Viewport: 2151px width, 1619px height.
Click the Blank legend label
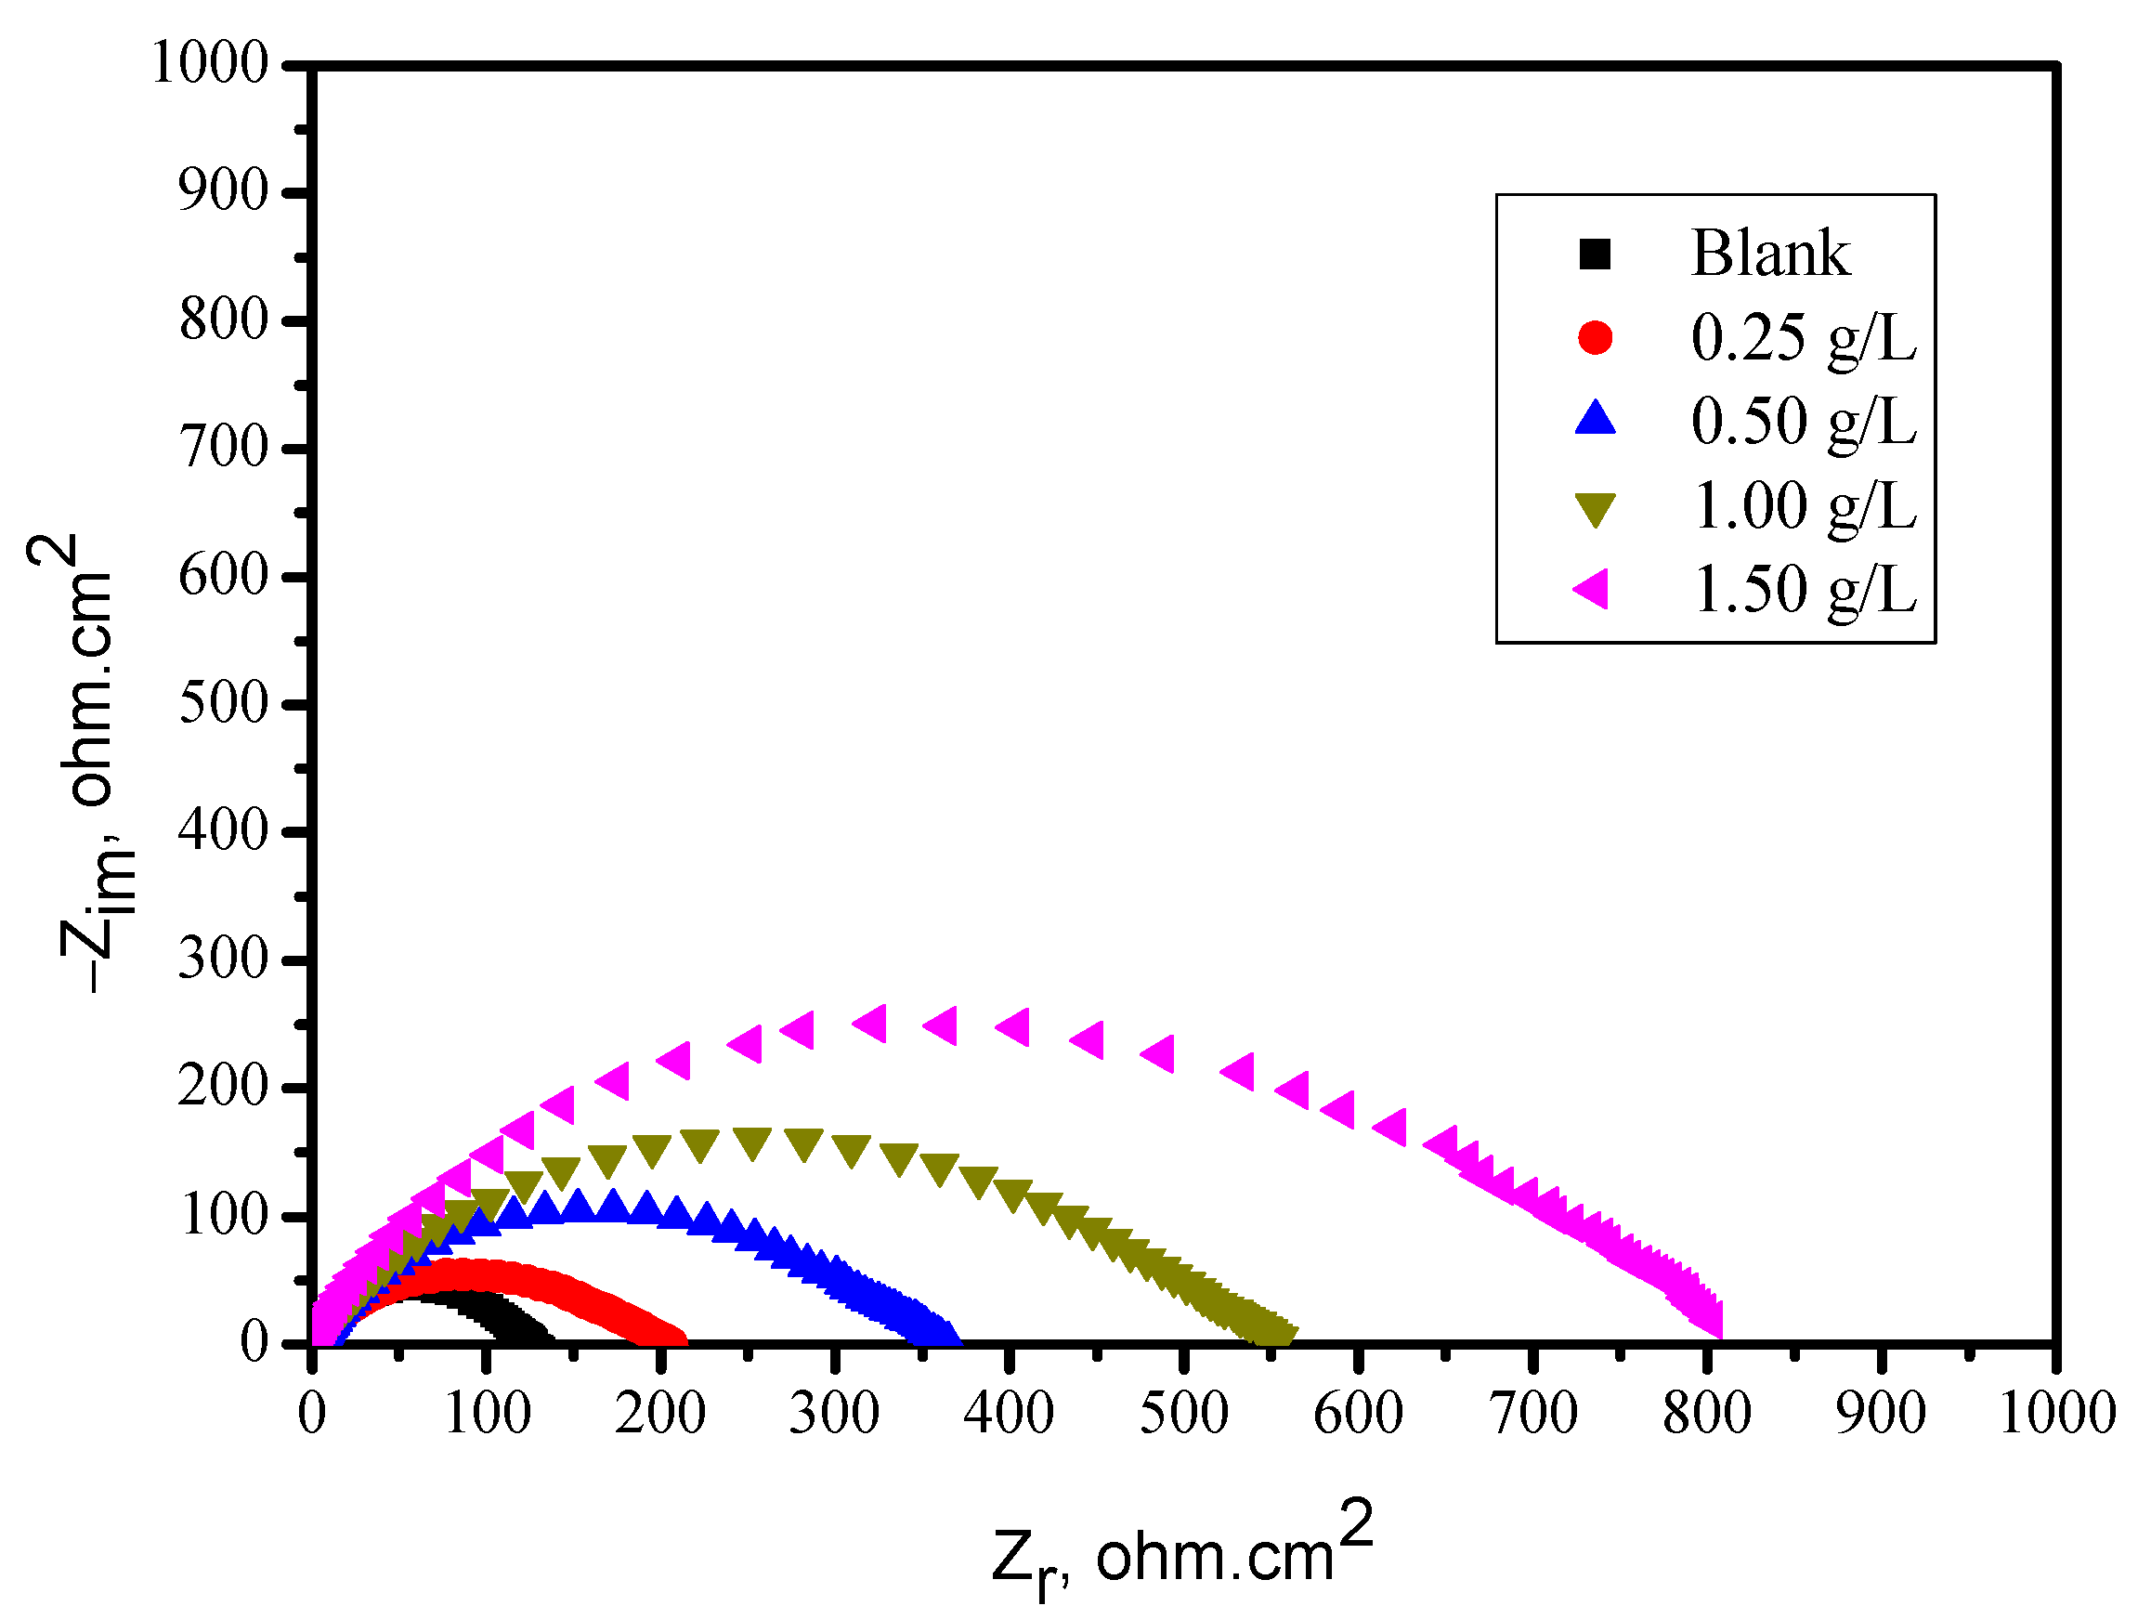[1769, 254]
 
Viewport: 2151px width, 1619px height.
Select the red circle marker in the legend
[1595, 337]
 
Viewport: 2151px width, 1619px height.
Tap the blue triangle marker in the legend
[1595, 419]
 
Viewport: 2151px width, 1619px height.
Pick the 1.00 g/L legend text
[1804, 505]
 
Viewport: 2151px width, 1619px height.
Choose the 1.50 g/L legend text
[1804, 589]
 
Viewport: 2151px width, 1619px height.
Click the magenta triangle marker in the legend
[1592, 589]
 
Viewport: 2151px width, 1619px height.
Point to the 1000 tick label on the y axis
[210, 64]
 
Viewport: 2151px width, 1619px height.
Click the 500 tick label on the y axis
[224, 703]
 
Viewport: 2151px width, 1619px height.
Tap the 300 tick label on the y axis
[224, 960]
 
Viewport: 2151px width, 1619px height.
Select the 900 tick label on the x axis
[1880, 1413]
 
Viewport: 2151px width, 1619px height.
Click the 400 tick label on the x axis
[1009, 1413]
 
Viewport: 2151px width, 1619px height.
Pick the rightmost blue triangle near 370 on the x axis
[945, 1333]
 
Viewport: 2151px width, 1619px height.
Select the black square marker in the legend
[1595, 255]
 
